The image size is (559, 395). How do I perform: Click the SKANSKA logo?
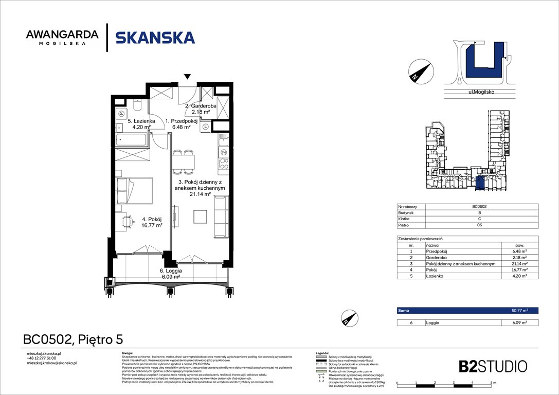coord(155,38)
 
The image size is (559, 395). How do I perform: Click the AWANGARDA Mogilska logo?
coord(62,38)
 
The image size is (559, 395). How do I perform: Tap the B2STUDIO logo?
coord(493,366)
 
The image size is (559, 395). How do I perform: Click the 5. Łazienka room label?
coord(140,124)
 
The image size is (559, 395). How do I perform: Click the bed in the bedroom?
coord(134,191)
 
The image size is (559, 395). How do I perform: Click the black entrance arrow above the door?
coord(188,77)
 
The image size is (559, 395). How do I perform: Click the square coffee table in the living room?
coord(201,217)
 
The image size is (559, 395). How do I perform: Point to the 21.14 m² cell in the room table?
coord(519,264)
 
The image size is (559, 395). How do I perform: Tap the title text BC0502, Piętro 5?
coord(73,339)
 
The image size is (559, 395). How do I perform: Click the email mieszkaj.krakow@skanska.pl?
coord(51,363)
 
